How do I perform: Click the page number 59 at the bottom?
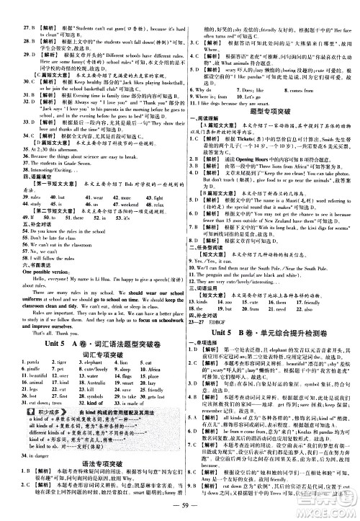click(180, 512)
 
